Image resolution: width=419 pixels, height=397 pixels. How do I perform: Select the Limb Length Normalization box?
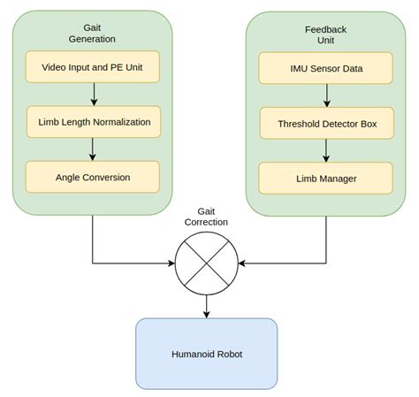(93, 121)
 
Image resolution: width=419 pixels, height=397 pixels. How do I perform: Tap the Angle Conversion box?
(93, 177)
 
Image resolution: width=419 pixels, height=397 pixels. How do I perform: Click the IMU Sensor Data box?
(326, 67)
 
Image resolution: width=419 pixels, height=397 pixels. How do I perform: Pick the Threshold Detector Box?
(326, 123)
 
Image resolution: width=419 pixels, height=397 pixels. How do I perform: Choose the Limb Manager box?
(326, 179)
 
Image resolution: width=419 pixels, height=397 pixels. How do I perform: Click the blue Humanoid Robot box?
(206, 354)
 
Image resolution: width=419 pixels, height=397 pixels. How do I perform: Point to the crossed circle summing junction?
(206, 263)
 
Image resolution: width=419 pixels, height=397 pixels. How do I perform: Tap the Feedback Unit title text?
(326, 34)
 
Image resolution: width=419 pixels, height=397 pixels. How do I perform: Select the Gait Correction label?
(206, 218)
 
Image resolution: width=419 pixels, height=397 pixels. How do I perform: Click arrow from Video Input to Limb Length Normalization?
(93, 93)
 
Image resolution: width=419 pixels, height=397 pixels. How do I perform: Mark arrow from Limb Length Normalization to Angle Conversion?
(93, 149)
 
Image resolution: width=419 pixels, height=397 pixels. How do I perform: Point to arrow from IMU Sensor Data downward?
(326, 95)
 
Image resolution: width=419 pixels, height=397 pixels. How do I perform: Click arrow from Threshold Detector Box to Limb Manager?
(326, 151)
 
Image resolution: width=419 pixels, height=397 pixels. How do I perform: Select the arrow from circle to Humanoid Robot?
(206, 305)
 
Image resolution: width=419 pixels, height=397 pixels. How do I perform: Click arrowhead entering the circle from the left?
(171, 263)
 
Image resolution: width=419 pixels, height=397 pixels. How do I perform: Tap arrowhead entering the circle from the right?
(242, 263)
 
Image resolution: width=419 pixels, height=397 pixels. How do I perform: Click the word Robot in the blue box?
(228, 354)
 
